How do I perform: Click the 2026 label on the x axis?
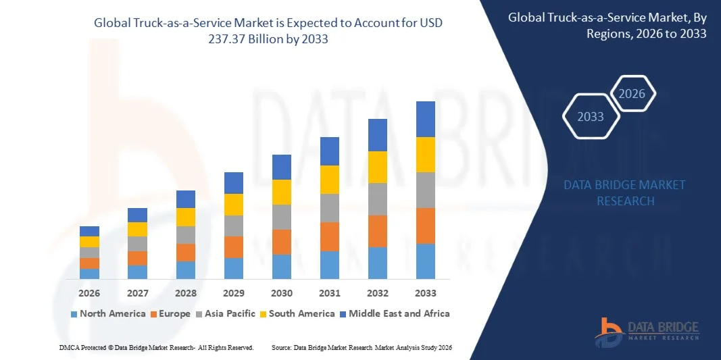tap(89, 293)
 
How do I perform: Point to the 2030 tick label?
tap(282, 293)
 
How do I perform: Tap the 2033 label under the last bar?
tap(426, 293)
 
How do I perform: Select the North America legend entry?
tap(107, 313)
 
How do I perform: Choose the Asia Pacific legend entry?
tap(226, 313)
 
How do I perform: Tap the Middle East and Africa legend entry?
tap(393, 313)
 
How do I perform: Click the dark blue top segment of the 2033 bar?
tap(426, 119)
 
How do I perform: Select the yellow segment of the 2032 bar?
tap(378, 167)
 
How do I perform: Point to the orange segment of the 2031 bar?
tap(330, 236)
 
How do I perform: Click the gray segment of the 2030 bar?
tap(282, 217)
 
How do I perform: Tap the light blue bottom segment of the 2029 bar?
tap(234, 268)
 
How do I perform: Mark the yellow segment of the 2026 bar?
tap(89, 242)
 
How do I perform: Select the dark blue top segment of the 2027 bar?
tap(137, 215)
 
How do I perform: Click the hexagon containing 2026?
tap(632, 94)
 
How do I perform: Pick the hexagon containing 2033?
tap(591, 117)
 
